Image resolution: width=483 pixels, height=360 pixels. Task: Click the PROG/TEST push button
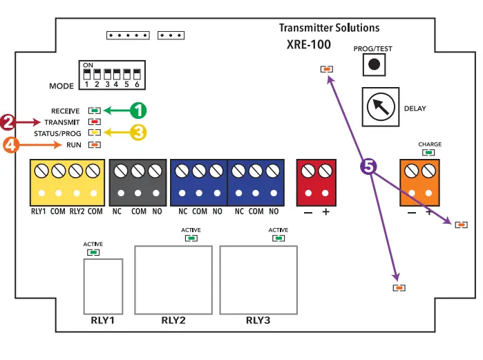click(374, 64)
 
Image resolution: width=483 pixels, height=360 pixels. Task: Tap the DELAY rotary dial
click(380, 107)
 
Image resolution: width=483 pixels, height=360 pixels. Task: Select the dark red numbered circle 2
click(8, 122)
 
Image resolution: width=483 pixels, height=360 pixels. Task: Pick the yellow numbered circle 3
click(138, 133)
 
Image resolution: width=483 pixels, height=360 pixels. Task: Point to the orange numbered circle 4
click(11, 144)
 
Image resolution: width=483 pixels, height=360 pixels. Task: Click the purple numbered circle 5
click(369, 167)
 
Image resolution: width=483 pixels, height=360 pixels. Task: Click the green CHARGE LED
click(429, 153)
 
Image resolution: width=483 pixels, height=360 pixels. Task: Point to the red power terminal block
click(316, 182)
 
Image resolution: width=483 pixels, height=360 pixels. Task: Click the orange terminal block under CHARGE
click(420, 182)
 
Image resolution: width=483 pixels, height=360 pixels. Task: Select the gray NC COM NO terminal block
click(138, 182)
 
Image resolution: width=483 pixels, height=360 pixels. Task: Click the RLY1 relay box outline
click(103, 285)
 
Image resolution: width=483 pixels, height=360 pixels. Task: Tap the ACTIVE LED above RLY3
click(278, 238)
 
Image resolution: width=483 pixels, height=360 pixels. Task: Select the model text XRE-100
click(309, 45)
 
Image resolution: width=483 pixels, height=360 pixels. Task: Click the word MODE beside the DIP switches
click(61, 86)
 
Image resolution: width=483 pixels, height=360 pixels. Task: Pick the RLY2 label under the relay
click(173, 320)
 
